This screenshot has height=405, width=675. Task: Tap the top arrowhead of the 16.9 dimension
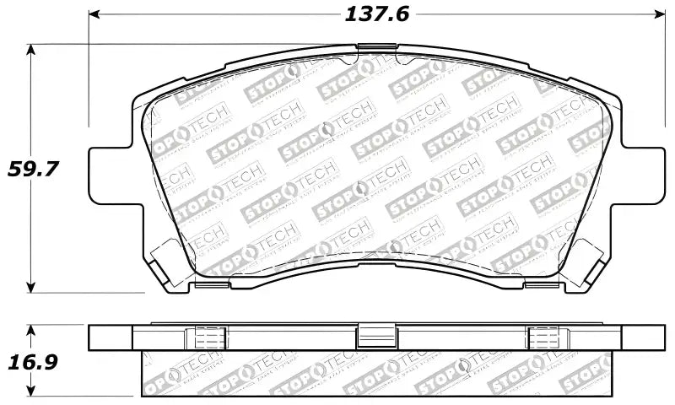(32, 328)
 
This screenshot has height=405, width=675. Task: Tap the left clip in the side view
(208, 336)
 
